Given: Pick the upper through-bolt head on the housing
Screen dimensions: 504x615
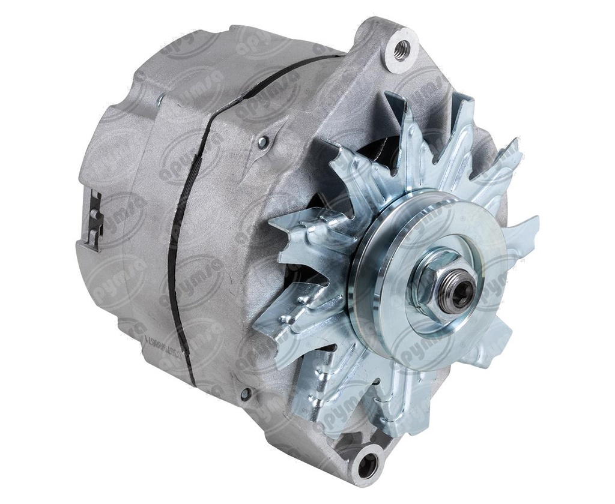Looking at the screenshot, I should [x=262, y=142].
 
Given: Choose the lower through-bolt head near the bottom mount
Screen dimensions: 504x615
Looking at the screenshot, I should [x=245, y=394].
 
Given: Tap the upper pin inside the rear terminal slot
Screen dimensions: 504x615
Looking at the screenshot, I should [x=94, y=214].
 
